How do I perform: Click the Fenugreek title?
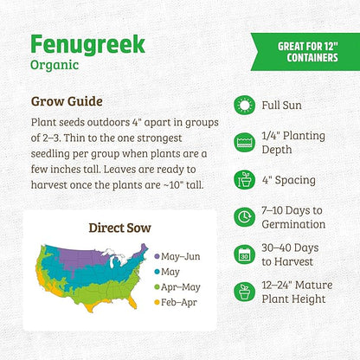click(87, 44)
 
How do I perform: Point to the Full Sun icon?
click(246, 106)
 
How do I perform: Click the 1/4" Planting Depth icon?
click(246, 144)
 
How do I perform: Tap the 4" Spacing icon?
click(246, 181)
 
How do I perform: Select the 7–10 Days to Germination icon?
click(246, 218)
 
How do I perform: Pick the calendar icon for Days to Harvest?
click(246, 255)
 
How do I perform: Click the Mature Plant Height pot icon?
click(246, 292)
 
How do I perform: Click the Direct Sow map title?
click(120, 228)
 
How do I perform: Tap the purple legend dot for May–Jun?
click(156, 256)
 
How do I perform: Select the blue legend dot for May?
click(156, 272)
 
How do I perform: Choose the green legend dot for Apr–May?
click(156, 287)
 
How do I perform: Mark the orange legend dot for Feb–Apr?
click(156, 303)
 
